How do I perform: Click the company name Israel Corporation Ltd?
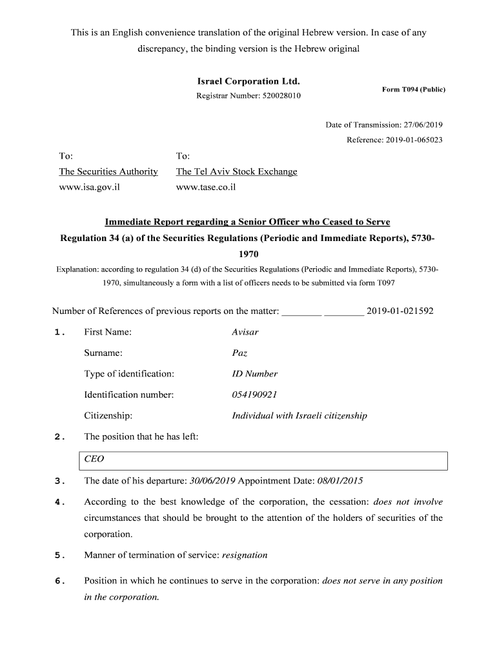tap(249, 82)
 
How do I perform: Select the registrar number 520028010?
tap(281, 96)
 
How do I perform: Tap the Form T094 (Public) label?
tap(414, 90)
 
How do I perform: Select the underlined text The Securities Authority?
tap(108, 171)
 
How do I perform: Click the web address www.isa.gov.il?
tap(90, 188)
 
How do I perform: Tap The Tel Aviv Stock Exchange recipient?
tap(237, 171)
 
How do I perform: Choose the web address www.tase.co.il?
tap(206, 188)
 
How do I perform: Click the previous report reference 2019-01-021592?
tap(400, 311)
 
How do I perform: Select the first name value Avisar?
tap(245, 332)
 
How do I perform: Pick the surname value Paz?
tap(239, 353)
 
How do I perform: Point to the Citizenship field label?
tap(108, 416)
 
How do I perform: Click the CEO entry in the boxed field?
tap(94, 460)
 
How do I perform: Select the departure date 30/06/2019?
tap(212, 481)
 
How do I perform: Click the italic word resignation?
tap(245, 555)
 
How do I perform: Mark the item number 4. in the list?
tap(60, 502)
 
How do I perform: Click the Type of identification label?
tap(129, 374)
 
